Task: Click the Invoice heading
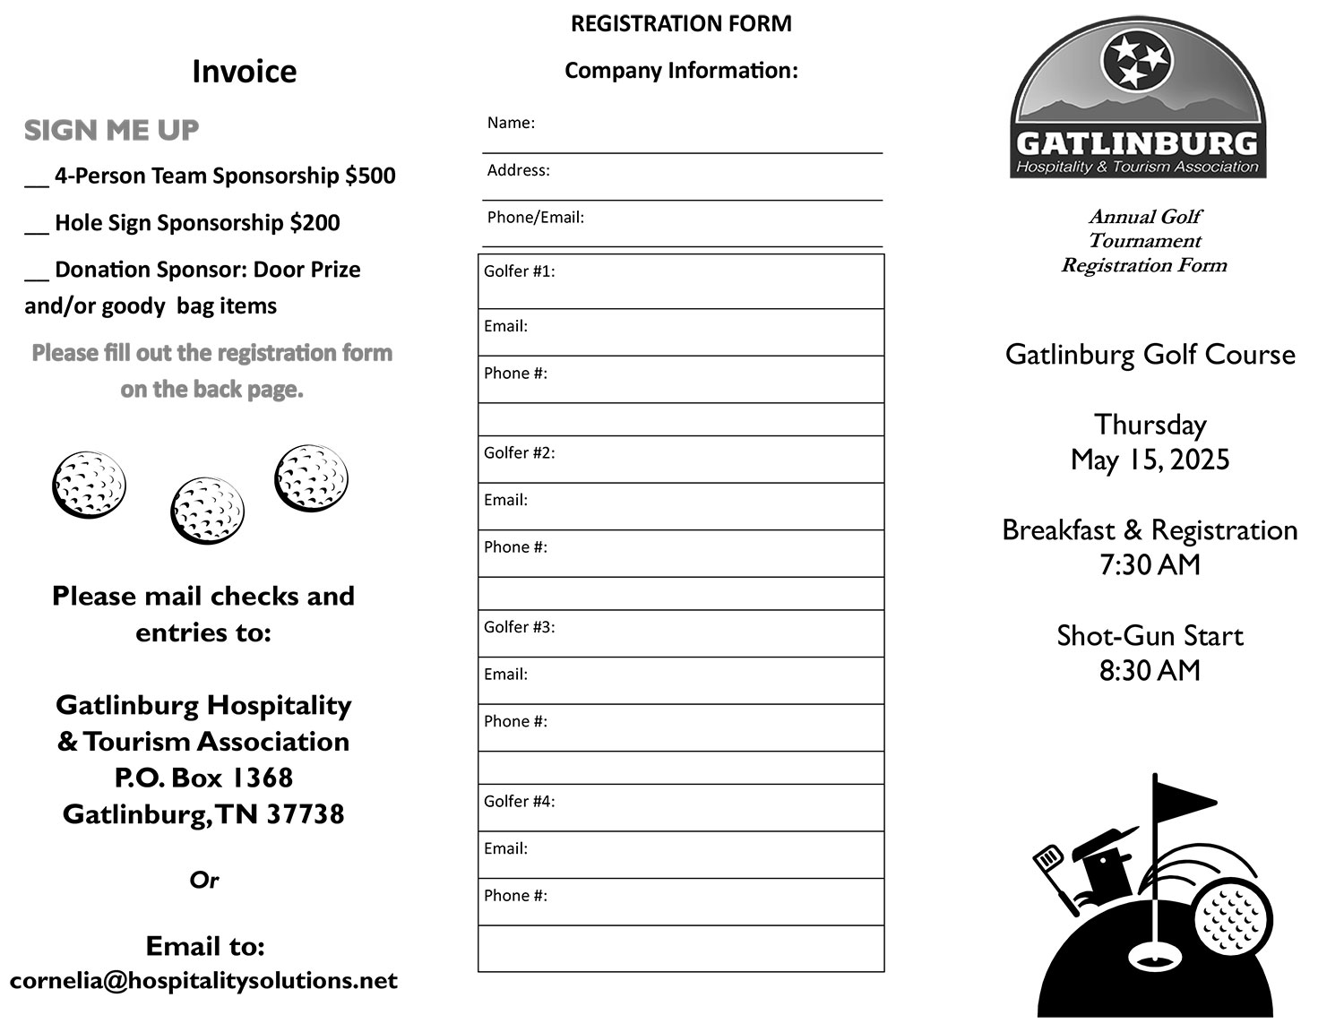click(x=244, y=72)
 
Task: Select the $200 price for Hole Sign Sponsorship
click(x=314, y=223)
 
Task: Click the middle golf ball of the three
click(x=206, y=511)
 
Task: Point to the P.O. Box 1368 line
click(x=203, y=778)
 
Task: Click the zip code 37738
click(x=305, y=814)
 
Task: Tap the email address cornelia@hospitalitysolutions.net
click(x=203, y=981)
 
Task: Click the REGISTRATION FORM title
click(x=681, y=24)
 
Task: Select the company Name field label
click(x=511, y=123)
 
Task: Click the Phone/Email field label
click(x=535, y=217)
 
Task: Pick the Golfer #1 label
click(x=519, y=271)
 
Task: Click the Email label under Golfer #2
click(x=505, y=500)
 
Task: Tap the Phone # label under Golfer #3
click(x=515, y=721)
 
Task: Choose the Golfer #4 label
click(x=519, y=801)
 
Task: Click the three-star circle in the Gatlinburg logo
click(x=1135, y=59)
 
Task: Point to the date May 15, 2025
click(x=1150, y=460)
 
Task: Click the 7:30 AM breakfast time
click(x=1150, y=565)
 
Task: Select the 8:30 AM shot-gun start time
click(x=1150, y=671)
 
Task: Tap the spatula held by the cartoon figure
click(x=1048, y=861)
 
